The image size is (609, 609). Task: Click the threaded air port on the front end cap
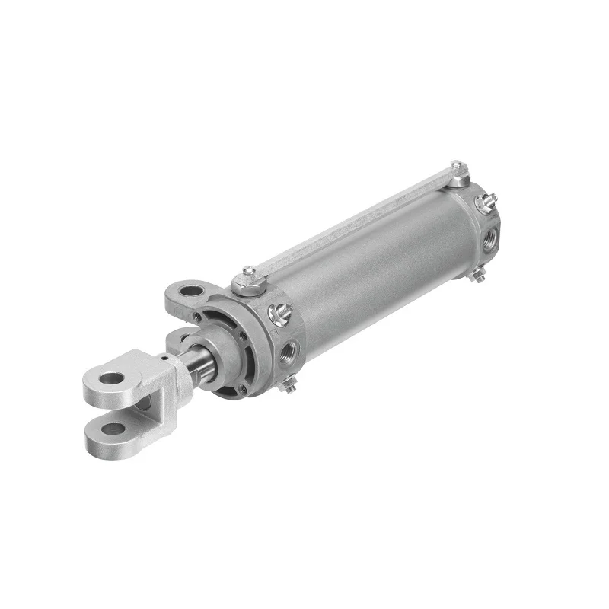tap(291, 350)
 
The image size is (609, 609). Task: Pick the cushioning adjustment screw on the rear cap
tap(482, 202)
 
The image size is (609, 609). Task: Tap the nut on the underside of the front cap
tap(289, 388)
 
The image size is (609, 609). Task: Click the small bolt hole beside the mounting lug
tap(199, 315)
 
